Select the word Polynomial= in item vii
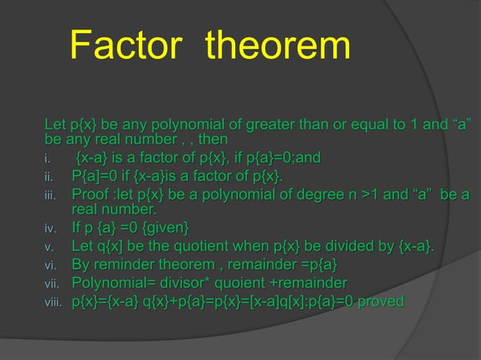110,284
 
